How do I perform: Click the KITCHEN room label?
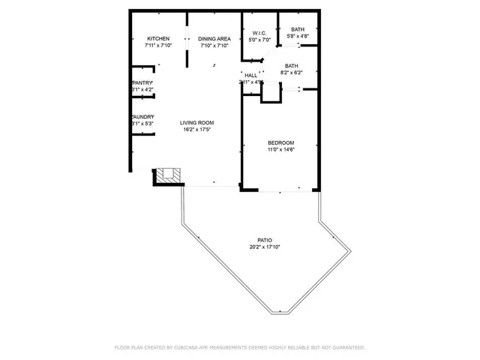(x=158, y=39)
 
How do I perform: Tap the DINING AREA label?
(x=214, y=39)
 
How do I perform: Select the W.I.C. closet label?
(x=259, y=33)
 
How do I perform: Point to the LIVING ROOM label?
(x=197, y=122)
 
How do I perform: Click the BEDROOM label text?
(x=281, y=142)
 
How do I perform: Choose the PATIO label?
(x=264, y=241)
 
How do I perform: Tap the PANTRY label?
(x=142, y=82)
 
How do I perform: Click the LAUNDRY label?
(x=142, y=117)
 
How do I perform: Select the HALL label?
(x=250, y=75)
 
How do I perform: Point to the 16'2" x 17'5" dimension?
(x=197, y=130)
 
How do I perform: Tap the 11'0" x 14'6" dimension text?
(x=281, y=150)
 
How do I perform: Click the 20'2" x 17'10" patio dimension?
(x=264, y=247)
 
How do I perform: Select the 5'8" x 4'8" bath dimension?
(x=298, y=36)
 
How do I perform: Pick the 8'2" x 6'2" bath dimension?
(x=291, y=72)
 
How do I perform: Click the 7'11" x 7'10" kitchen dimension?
(x=158, y=46)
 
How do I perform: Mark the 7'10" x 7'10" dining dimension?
(x=214, y=46)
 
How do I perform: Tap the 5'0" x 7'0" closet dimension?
(x=259, y=40)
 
